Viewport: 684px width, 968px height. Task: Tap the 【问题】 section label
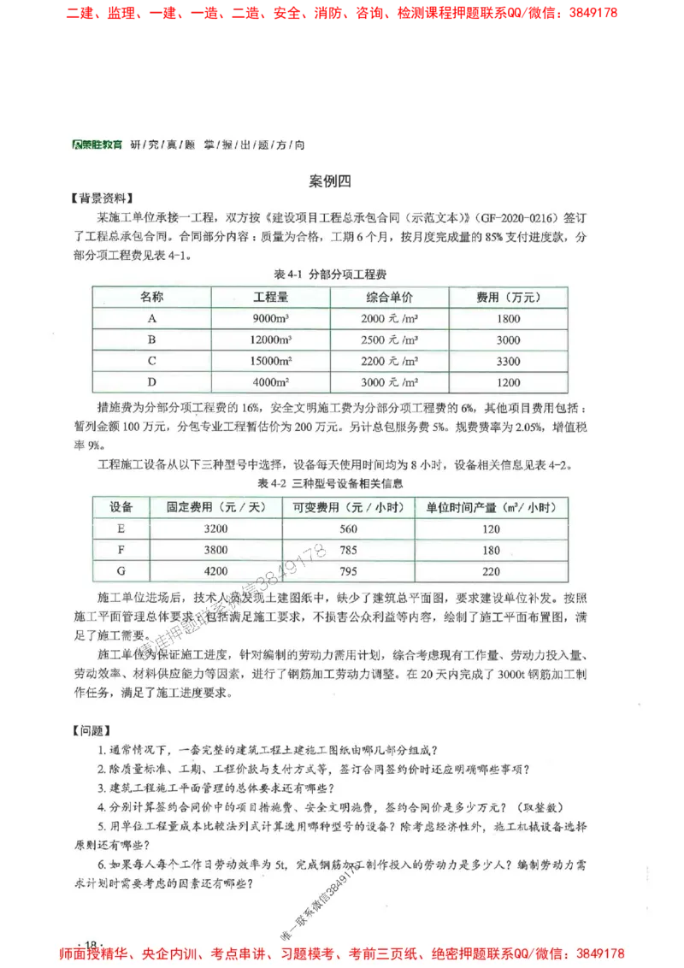91,731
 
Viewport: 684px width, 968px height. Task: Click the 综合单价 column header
389,298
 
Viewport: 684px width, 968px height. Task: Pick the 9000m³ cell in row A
271,319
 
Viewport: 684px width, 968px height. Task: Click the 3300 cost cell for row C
508,361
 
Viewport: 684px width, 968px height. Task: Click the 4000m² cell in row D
271,382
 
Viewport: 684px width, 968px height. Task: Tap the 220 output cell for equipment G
491,572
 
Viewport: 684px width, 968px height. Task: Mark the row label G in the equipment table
121,572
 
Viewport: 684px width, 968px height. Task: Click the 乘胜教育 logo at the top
97,145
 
